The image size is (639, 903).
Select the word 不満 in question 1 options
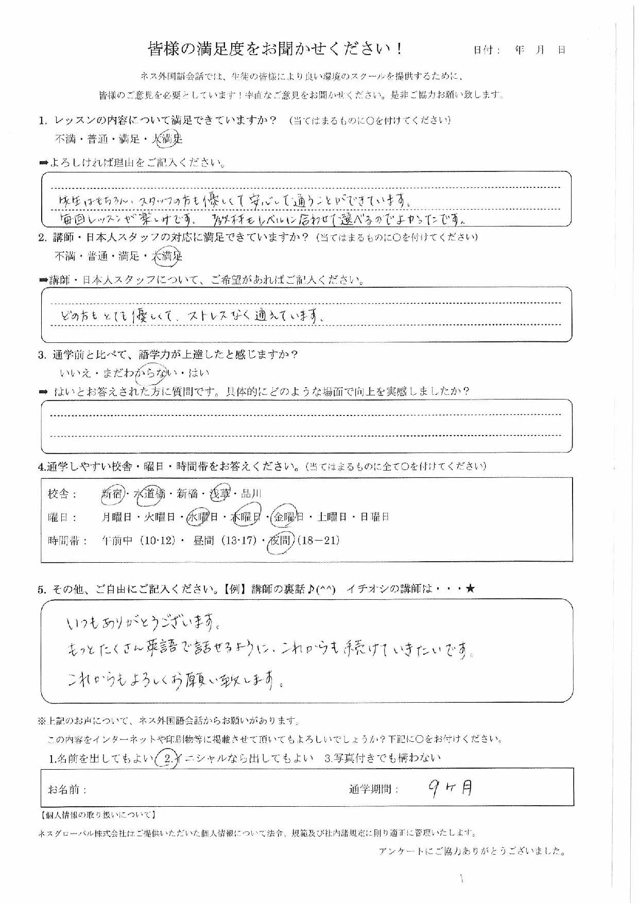pyautogui.click(x=65, y=139)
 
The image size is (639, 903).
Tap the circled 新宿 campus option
pyautogui.click(x=112, y=494)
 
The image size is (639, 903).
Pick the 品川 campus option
pyautogui.click(x=251, y=494)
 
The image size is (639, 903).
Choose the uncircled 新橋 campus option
pyautogui.click(x=187, y=494)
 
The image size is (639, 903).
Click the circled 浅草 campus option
pyautogui.click(x=220, y=494)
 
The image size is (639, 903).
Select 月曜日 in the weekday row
pyautogui.click(x=116, y=517)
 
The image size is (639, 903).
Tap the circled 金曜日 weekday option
pyautogui.click(x=288, y=517)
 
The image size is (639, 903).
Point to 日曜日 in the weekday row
pyautogui.click(x=374, y=517)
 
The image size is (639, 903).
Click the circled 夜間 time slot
pyautogui.click(x=281, y=541)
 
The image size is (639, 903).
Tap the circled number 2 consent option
pyautogui.click(x=166, y=758)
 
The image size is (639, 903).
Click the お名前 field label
pyautogui.click(x=67, y=789)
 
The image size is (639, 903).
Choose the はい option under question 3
pyautogui.click(x=199, y=373)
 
